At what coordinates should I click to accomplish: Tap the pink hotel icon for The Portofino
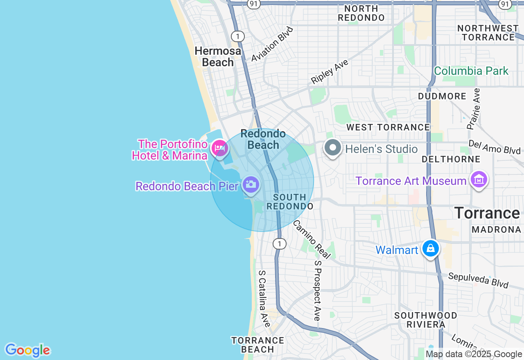[220, 148]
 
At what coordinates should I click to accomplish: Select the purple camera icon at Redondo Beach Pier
[251, 184]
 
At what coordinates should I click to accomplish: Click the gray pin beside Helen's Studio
[332, 148]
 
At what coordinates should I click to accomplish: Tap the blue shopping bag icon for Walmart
[431, 248]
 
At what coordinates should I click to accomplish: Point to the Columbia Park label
[471, 71]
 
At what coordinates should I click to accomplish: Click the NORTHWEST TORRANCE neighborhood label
[488, 33]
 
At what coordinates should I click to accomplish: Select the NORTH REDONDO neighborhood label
[361, 13]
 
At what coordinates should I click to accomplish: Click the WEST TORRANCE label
[388, 127]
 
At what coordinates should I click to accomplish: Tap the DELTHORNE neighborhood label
[451, 159]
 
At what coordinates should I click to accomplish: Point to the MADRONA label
[496, 229]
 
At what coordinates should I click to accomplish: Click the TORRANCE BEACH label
[257, 344]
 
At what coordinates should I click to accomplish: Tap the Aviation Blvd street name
[273, 44]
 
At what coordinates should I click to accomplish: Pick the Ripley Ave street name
[330, 72]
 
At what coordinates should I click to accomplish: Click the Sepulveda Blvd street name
[478, 280]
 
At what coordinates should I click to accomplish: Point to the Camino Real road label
[312, 239]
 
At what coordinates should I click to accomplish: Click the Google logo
[27, 350]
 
